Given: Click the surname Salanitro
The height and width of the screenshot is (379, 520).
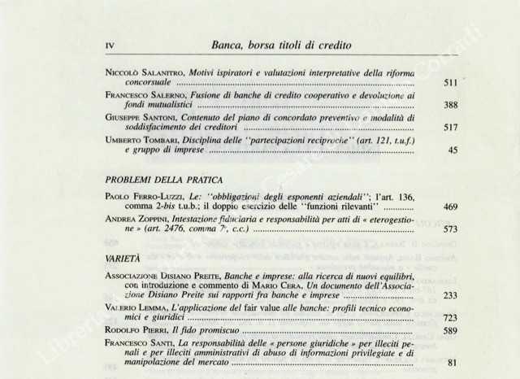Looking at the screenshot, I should pyautogui.click(x=154, y=72).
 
